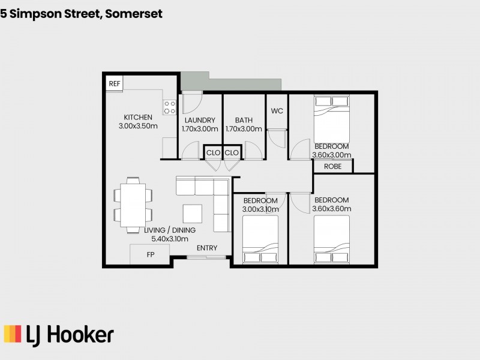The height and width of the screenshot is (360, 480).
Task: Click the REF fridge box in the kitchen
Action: point(114,83)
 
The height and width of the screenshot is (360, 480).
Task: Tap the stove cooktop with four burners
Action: point(170,107)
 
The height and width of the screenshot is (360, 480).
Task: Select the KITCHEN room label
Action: point(138,117)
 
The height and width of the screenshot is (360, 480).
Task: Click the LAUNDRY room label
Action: point(200,121)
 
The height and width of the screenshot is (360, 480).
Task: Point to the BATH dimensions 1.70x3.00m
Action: point(244,129)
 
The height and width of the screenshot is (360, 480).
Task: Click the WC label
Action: point(277,111)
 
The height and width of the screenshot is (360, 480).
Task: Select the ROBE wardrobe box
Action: point(332,167)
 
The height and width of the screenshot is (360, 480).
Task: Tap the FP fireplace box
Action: point(150,254)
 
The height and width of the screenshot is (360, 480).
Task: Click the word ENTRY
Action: point(207,248)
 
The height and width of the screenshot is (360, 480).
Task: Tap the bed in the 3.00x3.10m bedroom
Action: point(260,240)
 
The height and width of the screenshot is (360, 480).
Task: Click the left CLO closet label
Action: point(213,153)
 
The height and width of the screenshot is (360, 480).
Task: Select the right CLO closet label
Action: point(232,153)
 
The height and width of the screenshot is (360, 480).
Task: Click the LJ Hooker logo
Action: point(59,334)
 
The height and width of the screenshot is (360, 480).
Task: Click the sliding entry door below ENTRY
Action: point(206,258)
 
